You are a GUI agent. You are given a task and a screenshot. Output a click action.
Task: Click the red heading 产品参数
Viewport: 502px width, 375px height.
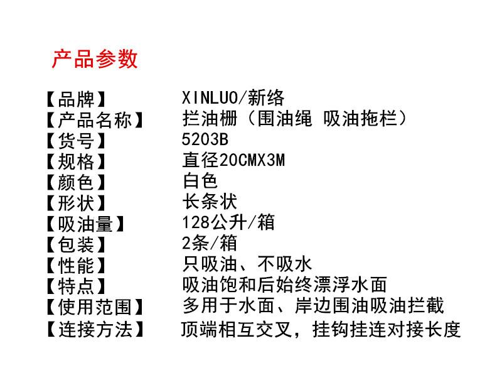[x=95, y=59]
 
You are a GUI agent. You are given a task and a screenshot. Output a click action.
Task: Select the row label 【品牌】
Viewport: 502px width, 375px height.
[x=76, y=99]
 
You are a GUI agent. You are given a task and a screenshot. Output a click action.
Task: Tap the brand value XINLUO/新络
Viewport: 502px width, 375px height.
[x=233, y=98]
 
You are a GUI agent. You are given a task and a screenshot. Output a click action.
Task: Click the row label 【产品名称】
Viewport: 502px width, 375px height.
[x=95, y=120]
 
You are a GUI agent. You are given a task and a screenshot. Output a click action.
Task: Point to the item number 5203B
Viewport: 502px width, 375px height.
[x=205, y=139]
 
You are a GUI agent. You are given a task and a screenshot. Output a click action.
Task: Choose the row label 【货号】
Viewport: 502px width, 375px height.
[x=76, y=141]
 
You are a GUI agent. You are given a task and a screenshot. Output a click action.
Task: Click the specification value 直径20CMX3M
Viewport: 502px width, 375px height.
[x=233, y=160]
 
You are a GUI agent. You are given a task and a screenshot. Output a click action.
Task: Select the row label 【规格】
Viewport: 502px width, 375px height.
[x=76, y=161]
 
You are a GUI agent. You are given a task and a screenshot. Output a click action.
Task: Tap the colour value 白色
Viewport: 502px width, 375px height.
[x=200, y=181]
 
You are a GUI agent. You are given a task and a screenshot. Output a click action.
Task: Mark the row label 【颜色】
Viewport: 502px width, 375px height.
[x=76, y=182]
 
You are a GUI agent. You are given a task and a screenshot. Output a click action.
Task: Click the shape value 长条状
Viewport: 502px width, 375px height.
[x=210, y=202]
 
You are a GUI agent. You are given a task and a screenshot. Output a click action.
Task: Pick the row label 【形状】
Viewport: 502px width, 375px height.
[x=76, y=204]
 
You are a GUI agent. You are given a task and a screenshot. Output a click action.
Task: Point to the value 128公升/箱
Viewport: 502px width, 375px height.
[x=228, y=222]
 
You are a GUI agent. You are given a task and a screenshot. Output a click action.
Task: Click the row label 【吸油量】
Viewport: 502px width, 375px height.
[x=85, y=224]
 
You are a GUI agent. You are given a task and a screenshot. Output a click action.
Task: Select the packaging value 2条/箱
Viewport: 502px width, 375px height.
[x=210, y=243]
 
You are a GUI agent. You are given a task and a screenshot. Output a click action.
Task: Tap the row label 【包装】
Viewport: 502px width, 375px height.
[x=76, y=245]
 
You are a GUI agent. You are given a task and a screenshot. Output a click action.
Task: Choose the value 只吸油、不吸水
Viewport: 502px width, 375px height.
[x=247, y=264]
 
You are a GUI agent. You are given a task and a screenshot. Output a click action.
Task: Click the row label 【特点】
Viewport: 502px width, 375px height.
[x=76, y=286]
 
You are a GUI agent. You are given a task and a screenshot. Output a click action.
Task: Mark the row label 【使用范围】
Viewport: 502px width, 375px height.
[x=95, y=307]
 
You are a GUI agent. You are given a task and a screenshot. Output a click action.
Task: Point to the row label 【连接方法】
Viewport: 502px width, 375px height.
[x=95, y=330]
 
